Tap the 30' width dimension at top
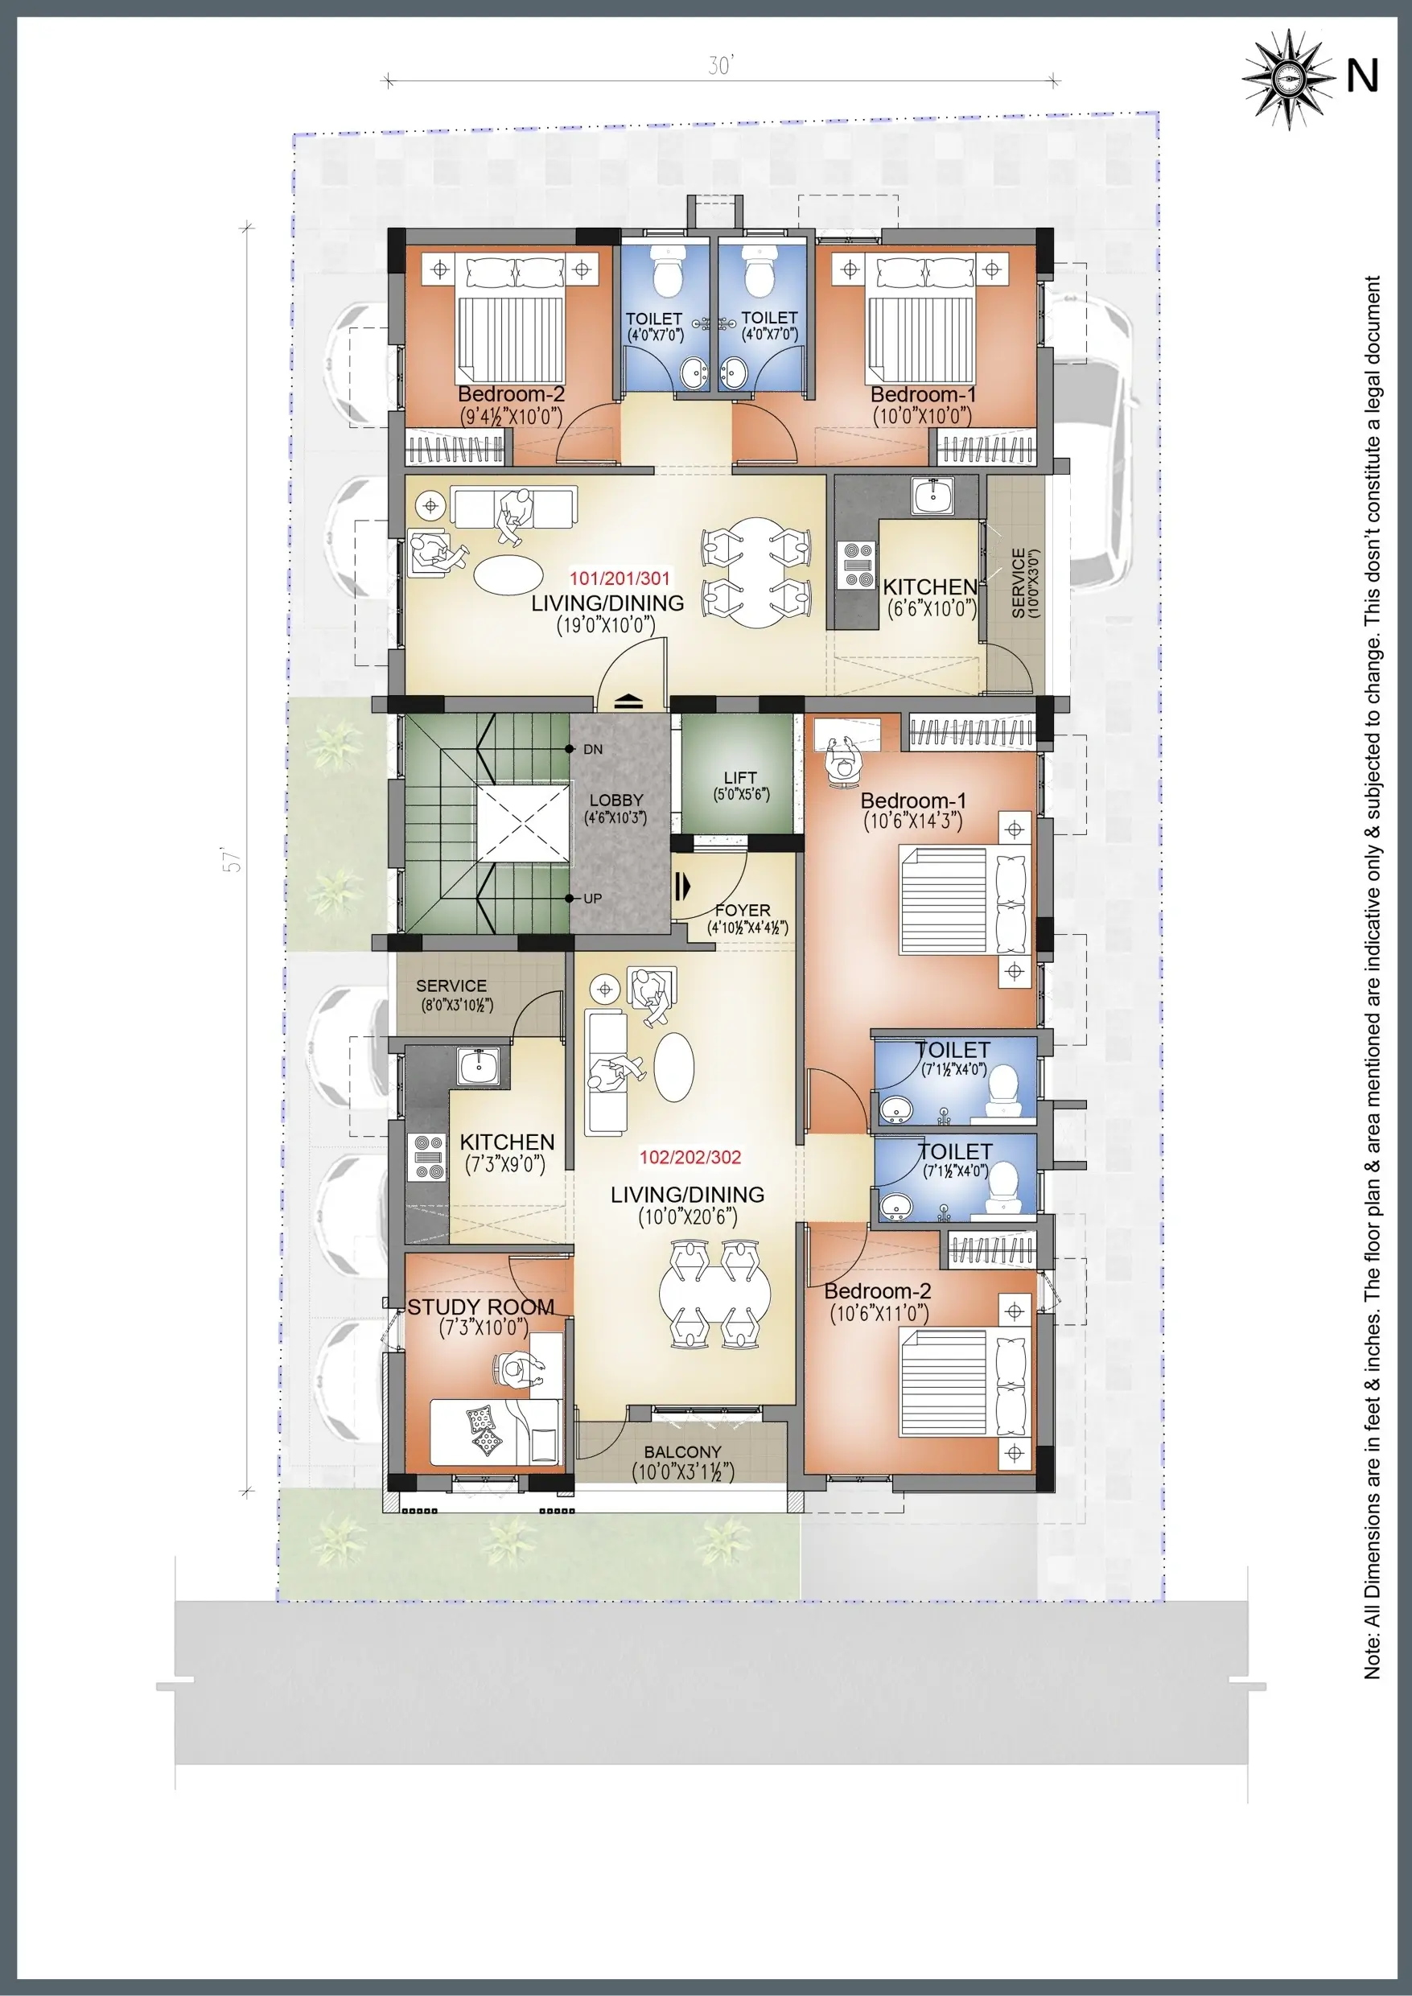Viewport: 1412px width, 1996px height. click(721, 66)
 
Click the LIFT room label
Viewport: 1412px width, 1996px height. click(740, 777)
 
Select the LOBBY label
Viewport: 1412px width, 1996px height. click(615, 800)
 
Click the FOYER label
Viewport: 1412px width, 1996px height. click(743, 910)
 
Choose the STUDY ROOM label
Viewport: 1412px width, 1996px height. click(480, 1307)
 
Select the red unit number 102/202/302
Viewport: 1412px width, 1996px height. click(690, 1157)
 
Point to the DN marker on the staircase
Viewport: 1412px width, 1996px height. click(592, 749)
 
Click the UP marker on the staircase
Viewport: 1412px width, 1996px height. click(592, 899)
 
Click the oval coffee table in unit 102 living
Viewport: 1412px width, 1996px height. click(674, 1067)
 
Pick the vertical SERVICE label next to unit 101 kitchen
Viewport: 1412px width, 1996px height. click(1024, 582)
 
